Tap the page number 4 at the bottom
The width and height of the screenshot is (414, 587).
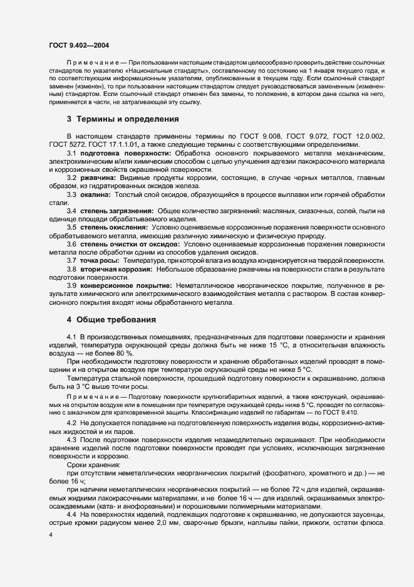(x=50, y=535)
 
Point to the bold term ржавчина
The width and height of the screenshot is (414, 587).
(x=98, y=179)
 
